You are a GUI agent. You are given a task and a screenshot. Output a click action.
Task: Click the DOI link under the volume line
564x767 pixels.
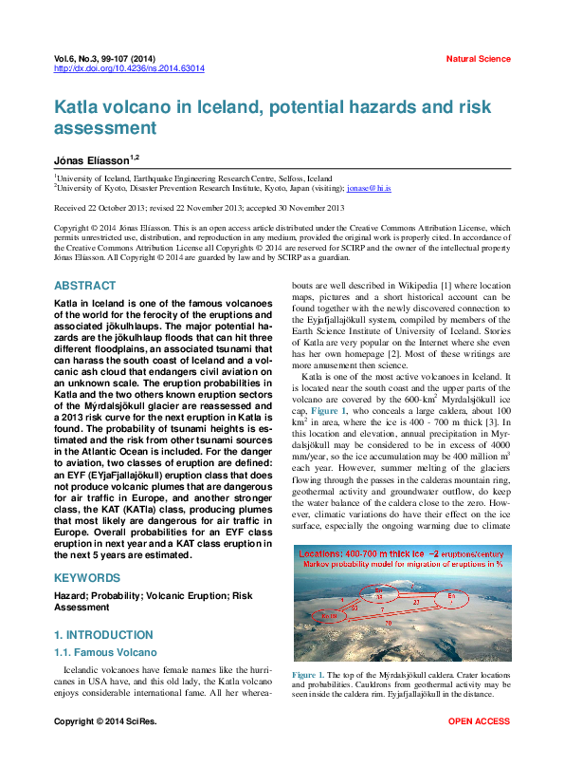click(x=129, y=69)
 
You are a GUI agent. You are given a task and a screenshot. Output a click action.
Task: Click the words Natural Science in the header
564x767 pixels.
click(x=478, y=59)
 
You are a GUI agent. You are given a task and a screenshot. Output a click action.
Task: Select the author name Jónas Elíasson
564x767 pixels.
click(x=92, y=159)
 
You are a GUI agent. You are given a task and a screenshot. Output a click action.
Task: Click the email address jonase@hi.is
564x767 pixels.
click(x=369, y=189)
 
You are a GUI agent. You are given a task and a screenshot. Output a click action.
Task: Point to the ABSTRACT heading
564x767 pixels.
click(x=85, y=286)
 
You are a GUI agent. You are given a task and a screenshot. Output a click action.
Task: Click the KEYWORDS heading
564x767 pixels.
click(x=87, y=578)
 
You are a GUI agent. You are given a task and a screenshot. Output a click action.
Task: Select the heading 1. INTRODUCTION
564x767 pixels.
click(x=103, y=635)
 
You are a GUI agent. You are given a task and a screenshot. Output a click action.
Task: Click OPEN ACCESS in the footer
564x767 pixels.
click(x=479, y=722)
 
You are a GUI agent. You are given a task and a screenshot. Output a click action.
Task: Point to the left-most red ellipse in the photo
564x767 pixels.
click(x=328, y=616)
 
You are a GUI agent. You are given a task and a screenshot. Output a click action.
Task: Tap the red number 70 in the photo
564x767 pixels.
click(x=388, y=624)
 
